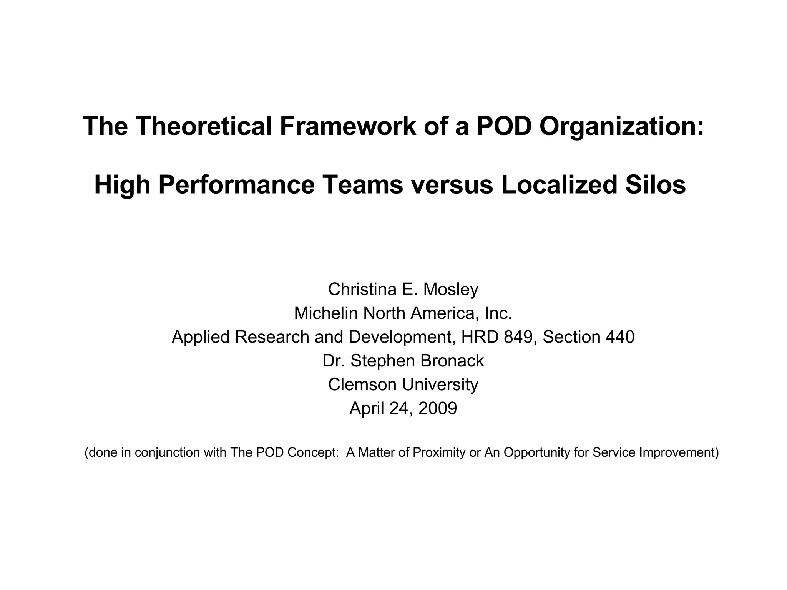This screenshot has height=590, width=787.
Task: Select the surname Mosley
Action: point(451,289)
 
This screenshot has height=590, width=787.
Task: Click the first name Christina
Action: point(362,289)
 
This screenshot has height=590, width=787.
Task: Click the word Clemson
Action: point(360,384)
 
